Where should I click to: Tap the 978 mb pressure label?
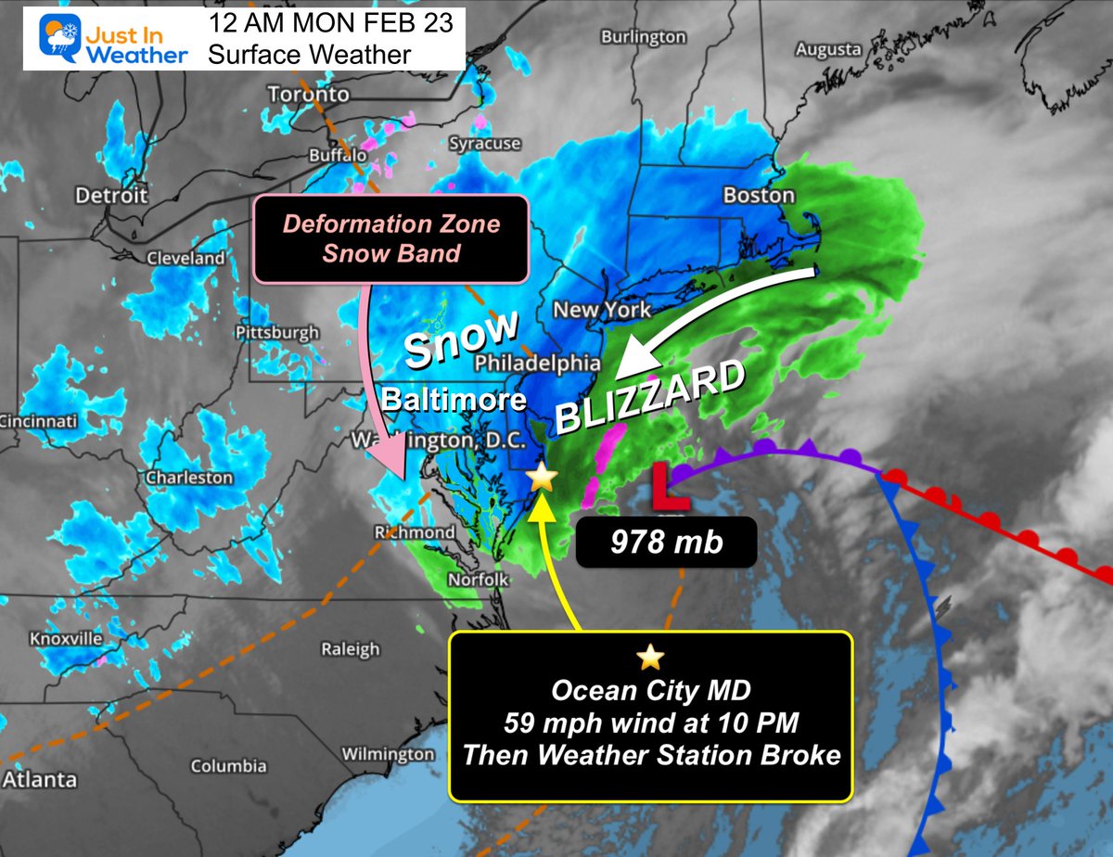click(666, 542)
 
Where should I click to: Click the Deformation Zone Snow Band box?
click(390, 237)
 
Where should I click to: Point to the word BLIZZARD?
click(651, 398)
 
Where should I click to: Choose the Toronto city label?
click(308, 95)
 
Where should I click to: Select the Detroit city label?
click(113, 196)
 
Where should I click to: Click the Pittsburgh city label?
click(277, 332)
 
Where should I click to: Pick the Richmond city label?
click(414, 532)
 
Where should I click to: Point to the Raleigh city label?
click(351, 649)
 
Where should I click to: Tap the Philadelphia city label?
click(539, 363)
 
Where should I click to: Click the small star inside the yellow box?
click(650, 658)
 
